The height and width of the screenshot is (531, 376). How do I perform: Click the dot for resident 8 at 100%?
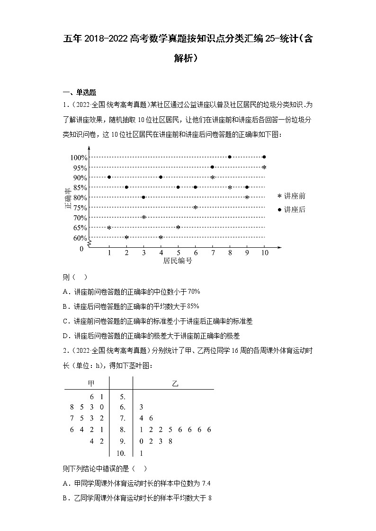click(x=230, y=157)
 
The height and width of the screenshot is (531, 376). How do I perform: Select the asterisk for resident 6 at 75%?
click(x=195, y=208)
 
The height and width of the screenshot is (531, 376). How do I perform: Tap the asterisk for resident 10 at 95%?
click(x=264, y=167)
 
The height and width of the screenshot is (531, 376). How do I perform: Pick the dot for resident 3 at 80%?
click(x=143, y=197)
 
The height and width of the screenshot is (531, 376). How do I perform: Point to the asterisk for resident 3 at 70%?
click(x=143, y=218)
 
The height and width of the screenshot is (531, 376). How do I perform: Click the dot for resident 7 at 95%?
click(x=212, y=167)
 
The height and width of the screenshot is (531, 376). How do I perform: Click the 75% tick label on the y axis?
click(x=79, y=208)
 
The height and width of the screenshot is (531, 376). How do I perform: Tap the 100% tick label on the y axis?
click(x=78, y=157)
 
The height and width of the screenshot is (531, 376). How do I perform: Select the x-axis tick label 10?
click(x=264, y=252)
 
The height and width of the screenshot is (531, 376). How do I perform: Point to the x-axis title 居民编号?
click(x=178, y=261)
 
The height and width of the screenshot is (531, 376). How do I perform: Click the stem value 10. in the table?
click(x=121, y=453)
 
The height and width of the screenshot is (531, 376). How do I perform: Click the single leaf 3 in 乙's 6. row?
click(x=142, y=407)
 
